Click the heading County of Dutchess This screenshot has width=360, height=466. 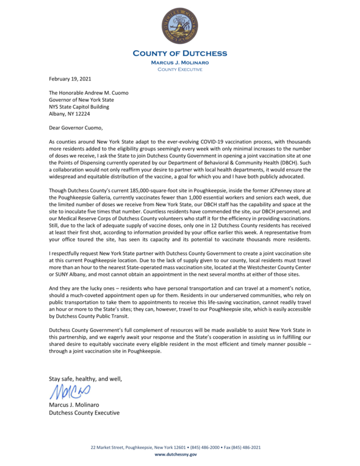[x=179, y=54]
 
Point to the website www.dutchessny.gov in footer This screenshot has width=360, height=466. [x=179, y=454]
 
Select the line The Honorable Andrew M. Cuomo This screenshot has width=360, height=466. [x=89, y=93]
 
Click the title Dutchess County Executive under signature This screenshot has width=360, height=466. [x=84, y=412]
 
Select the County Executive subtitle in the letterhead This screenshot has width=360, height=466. [x=179, y=69]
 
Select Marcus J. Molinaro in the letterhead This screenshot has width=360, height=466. [x=179, y=62]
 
